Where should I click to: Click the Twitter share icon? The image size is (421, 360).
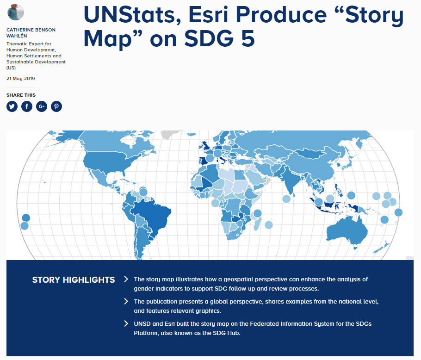click(x=12, y=106)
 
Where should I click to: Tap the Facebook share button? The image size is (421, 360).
click(x=27, y=106)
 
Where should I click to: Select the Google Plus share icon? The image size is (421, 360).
click(x=42, y=106)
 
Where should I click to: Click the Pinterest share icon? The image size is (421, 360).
click(x=56, y=106)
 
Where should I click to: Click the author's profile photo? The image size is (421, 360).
click(x=16, y=12)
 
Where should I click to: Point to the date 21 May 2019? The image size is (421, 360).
click(x=21, y=78)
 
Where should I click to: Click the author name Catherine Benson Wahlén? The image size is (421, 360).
click(x=31, y=33)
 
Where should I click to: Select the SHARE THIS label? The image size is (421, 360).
click(x=21, y=95)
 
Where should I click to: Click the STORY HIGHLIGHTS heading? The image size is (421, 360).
click(x=74, y=280)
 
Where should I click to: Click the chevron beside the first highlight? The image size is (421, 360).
click(x=126, y=279)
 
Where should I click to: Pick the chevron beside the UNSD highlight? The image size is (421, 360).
click(x=126, y=323)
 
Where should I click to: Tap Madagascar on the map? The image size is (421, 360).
click(x=258, y=223)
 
